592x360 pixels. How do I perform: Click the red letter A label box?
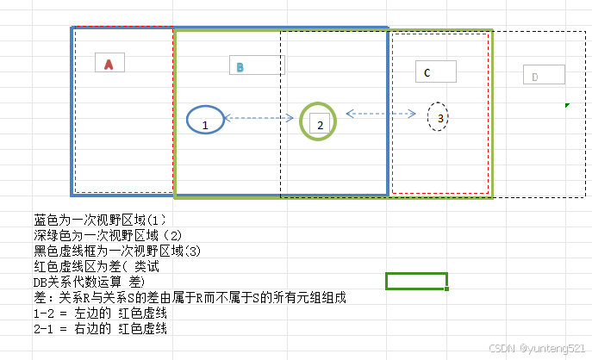tap(109, 62)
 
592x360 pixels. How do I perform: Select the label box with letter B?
tap(257, 65)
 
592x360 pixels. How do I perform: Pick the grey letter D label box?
tap(544, 75)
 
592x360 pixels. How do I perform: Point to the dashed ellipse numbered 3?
tap(438, 116)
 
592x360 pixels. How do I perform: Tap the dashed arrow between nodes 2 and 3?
tap(380, 113)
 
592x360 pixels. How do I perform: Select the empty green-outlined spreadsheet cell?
tap(416, 281)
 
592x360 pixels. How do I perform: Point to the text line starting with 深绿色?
tap(108, 235)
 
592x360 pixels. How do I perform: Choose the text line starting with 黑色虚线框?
tap(116, 251)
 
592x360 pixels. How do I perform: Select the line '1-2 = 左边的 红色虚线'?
tap(99, 313)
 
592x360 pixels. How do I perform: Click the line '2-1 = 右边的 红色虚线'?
tap(99, 328)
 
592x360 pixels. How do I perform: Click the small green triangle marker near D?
tap(567, 105)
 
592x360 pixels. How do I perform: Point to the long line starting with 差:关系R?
tap(190, 297)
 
